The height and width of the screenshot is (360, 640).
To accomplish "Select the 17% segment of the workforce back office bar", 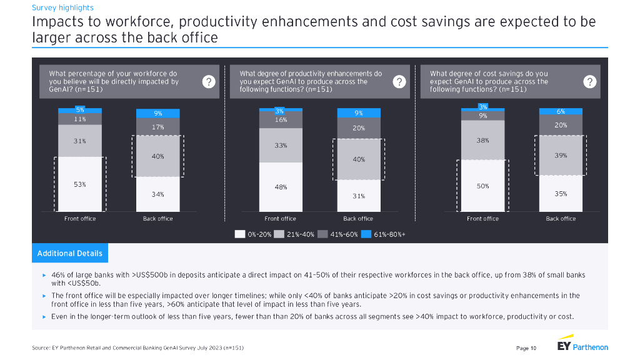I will [x=158, y=127].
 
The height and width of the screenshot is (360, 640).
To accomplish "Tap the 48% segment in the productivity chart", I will [x=280, y=186].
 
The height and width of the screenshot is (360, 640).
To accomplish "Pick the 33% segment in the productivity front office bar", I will [x=280, y=145].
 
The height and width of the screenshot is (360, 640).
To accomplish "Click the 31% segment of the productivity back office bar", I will [x=358, y=196].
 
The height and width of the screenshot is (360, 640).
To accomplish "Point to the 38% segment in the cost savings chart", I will [x=482, y=140].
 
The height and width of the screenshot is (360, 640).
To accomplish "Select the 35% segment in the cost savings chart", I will [x=561, y=194].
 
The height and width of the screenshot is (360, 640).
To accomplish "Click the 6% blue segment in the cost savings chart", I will [x=561, y=111].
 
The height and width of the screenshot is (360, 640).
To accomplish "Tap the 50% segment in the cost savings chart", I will [x=482, y=186].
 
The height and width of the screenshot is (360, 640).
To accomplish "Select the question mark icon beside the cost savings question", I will [x=589, y=82].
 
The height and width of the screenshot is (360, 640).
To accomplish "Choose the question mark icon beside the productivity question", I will [x=399, y=82].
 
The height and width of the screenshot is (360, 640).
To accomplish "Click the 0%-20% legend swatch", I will [x=240, y=234].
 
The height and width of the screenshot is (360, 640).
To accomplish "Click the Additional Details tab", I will [x=69, y=253].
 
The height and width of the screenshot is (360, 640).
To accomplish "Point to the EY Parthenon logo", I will [x=582, y=347].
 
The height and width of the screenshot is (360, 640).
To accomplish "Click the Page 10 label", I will [x=526, y=348].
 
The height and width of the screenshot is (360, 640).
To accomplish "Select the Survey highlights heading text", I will [x=62, y=8].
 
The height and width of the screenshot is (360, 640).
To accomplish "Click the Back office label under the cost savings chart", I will [x=561, y=219].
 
